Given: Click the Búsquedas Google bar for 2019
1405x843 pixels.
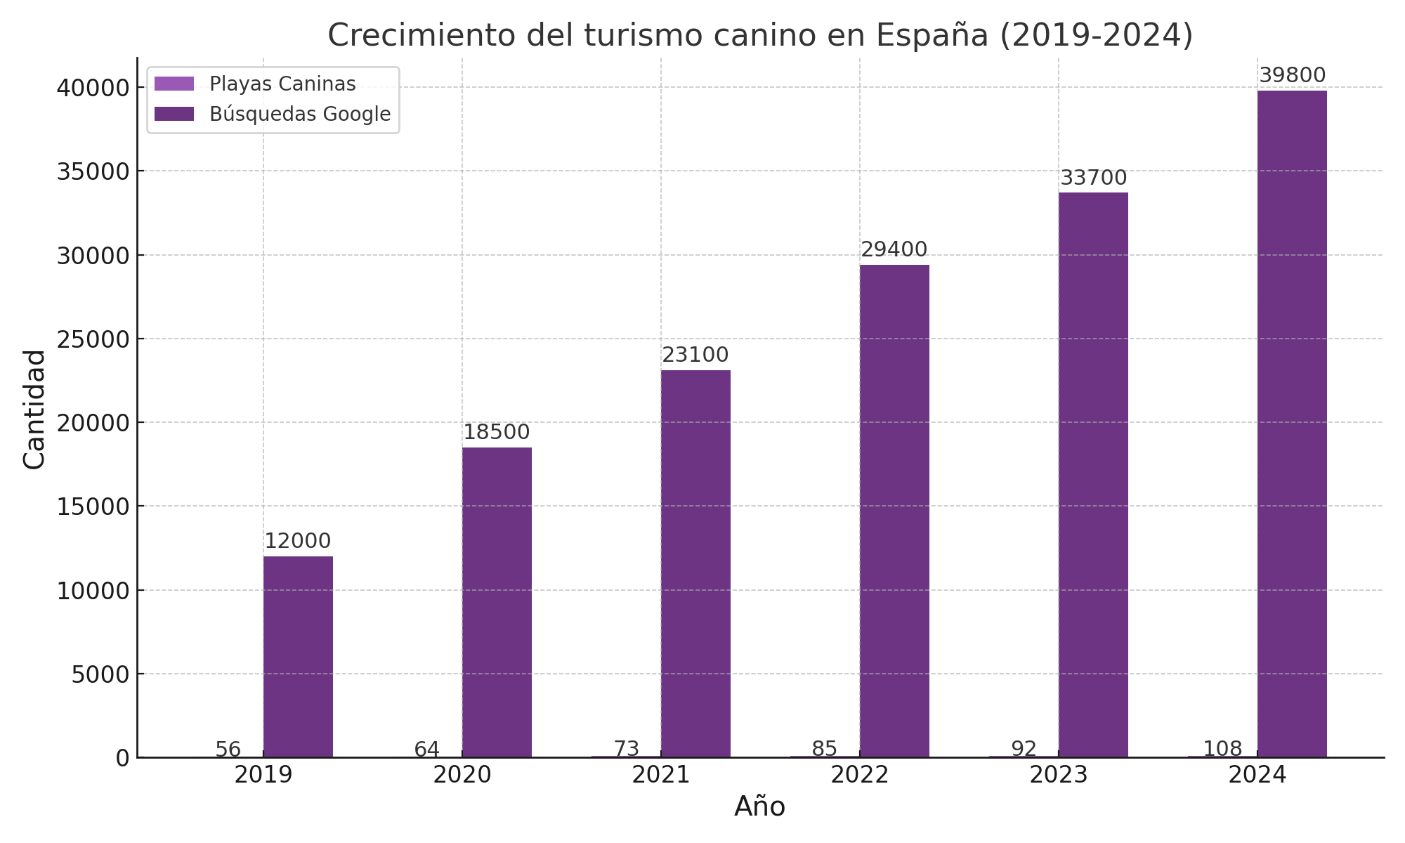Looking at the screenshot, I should [x=298, y=657].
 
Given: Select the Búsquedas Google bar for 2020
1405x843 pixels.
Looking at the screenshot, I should [x=497, y=602].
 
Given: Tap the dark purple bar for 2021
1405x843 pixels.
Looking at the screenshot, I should [x=695, y=563].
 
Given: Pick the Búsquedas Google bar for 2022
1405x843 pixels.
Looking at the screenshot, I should [x=894, y=511].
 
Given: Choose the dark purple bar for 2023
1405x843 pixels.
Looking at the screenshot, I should [x=1093, y=475].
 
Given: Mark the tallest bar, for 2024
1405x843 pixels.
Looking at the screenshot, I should [x=1292, y=424].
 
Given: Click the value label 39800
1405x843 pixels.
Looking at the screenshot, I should [x=1292, y=75].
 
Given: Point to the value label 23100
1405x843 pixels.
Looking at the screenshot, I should [x=695, y=355].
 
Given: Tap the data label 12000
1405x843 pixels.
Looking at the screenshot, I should [x=298, y=541].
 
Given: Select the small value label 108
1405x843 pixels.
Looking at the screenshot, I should [x=1222, y=749].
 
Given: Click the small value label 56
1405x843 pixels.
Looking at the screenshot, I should [x=228, y=750].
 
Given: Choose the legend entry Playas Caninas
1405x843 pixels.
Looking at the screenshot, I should [x=282, y=84].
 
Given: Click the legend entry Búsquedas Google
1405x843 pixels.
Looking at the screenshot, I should [x=300, y=114].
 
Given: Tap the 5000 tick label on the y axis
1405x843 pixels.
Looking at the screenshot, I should [x=100, y=674].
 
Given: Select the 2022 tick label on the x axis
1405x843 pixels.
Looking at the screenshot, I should [x=859, y=776].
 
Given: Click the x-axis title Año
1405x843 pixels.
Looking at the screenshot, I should [x=759, y=806].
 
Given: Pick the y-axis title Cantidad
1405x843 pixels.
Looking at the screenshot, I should [x=34, y=409].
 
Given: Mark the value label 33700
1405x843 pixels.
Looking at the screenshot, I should [x=1093, y=178].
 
